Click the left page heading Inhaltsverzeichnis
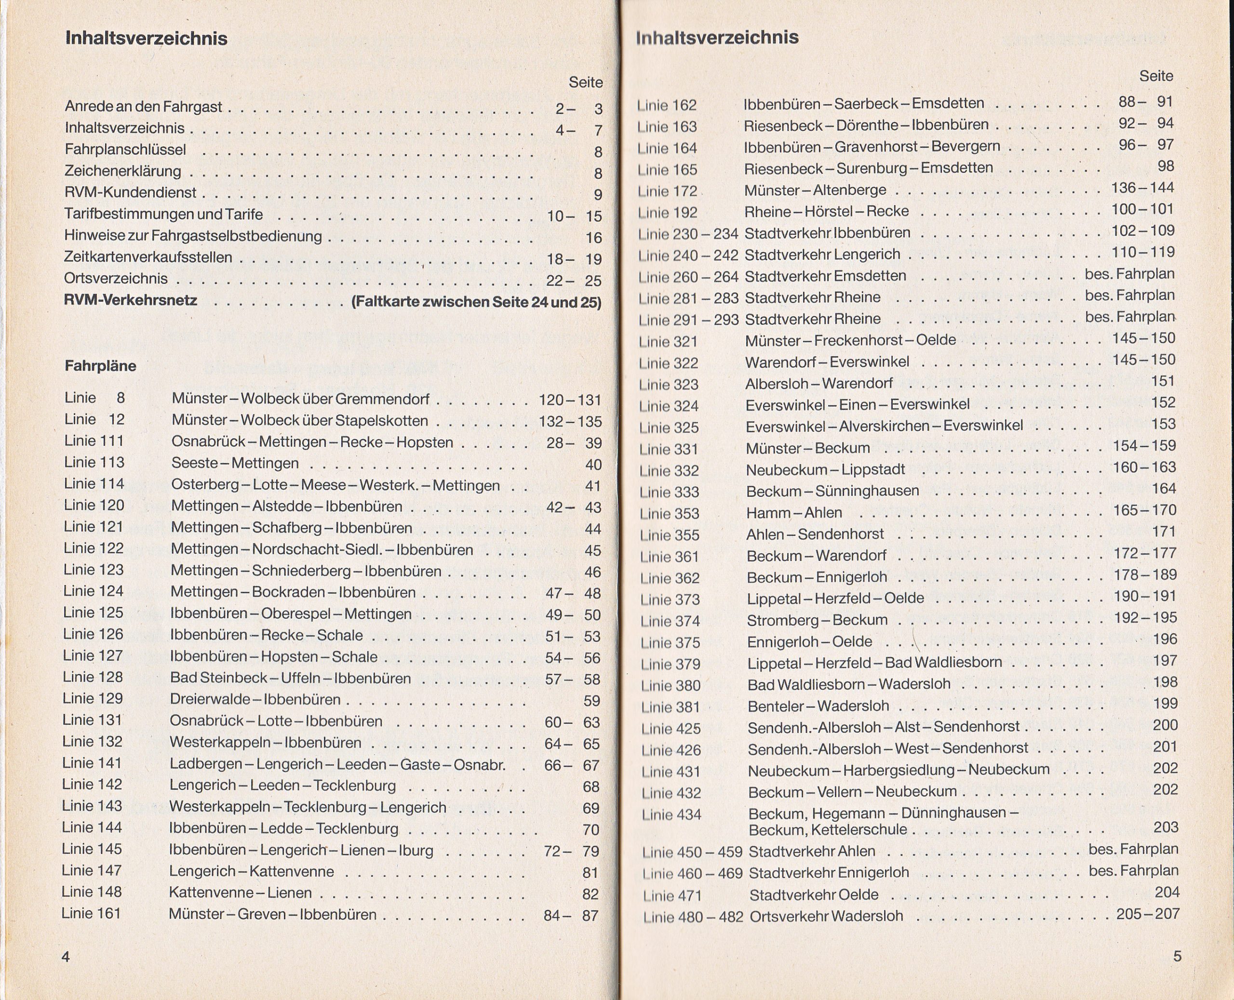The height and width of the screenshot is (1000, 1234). click(x=147, y=39)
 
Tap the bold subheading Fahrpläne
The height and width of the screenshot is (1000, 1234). click(x=100, y=366)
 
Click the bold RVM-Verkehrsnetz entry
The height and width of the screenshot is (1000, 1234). click(x=131, y=300)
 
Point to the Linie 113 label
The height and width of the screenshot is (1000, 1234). click(x=94, y=463)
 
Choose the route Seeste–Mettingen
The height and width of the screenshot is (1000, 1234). click(x=235, y=463)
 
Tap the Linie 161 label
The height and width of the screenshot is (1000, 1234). click(x=91, y=914)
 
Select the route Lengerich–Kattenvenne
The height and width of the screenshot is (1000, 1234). click(x=251, y=871)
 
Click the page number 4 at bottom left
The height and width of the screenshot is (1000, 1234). click(x=66, y=957)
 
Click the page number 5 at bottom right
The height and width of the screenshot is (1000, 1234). click(x=1177, y=957)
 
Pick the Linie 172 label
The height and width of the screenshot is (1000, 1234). click(x=667, y=191)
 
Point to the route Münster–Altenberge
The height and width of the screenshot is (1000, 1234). click(x=815, y=189)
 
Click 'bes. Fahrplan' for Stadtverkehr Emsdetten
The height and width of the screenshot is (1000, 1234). click(x=1129, y=274)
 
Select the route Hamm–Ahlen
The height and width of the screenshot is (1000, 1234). click(x=794, y=513)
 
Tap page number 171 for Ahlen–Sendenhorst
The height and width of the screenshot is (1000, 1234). click(x=1163, y=532)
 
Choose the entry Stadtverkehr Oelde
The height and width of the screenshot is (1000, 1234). click(x=814, y=894)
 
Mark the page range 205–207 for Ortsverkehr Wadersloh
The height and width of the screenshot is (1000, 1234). click(x=1148, y=914)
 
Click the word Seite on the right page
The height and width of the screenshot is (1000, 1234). click(x=1155, y=76)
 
